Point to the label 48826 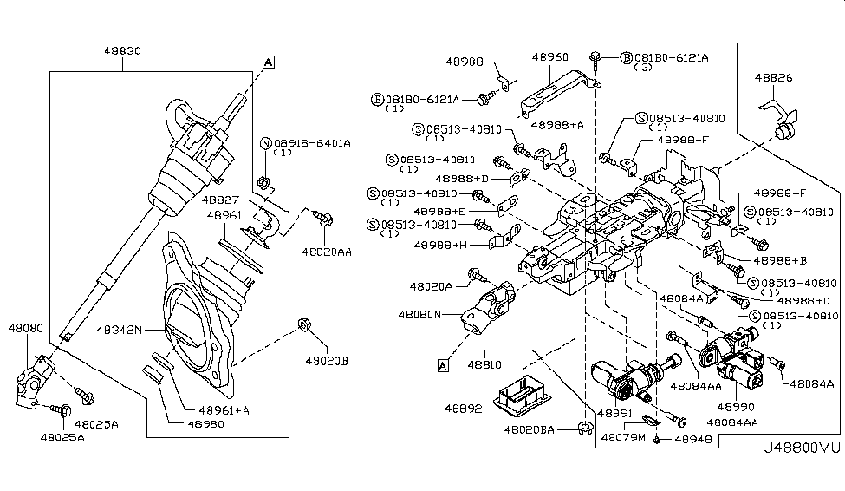[773, 77]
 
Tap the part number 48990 [735, 405]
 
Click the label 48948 [691, 441]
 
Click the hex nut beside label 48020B [304, 325]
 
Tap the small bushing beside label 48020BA [582, 428]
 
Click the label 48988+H [440, 245]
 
